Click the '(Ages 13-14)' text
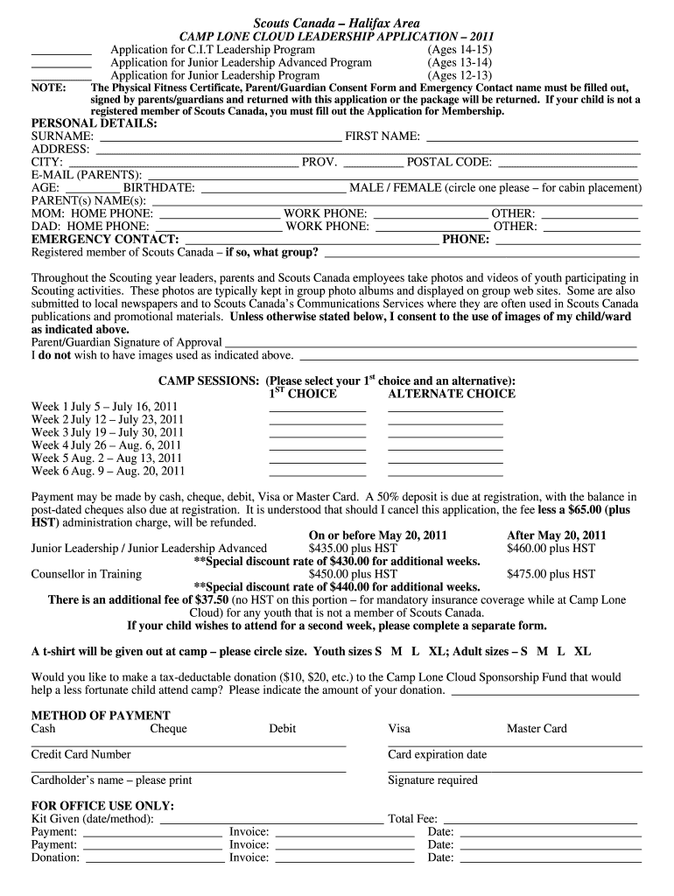pyautogui.click(x=460, y=63)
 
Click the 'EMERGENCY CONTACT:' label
pyautogui.click(x=105, y=239)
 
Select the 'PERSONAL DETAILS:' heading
pyautogui.click(x=95, y=124)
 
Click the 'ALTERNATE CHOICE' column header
pyautogui.click(x=452, y=394)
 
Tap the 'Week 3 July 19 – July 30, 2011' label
pyautogui.click(x=108, y=432)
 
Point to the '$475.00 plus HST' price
pyautogui.click(x=551, y=574)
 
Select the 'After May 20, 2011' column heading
pyautogui.click(x=557, y=535)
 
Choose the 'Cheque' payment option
pyautogui.click(x=168, y=729)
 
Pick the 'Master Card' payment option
pyautogui.click(x=537, y=729)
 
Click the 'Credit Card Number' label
pyautogui.click(x=81, y=754)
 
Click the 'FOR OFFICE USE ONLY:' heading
pyautogui.click(x=102, y=806)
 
